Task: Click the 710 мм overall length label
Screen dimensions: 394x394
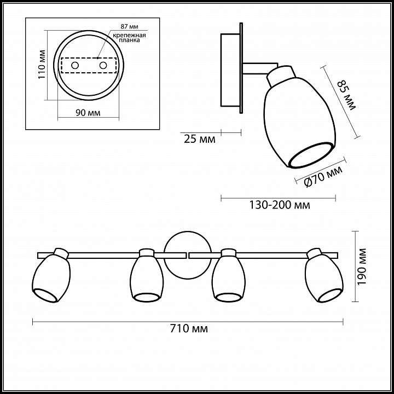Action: [x=189, y=329]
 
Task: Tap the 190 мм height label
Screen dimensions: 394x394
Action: [x=362, y=266]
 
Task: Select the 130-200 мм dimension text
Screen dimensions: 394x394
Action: [x=280, y=205]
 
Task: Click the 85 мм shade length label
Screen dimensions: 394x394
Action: [x=347, y=95]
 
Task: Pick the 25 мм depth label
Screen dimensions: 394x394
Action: [x=200, y=139]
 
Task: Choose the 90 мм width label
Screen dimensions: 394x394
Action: [x=88, y=113]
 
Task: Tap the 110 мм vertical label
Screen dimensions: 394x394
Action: [x=42, y=65]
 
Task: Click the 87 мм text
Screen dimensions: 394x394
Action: [x=129, y=26]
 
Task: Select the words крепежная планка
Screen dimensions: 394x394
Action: [x=129, y=37]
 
